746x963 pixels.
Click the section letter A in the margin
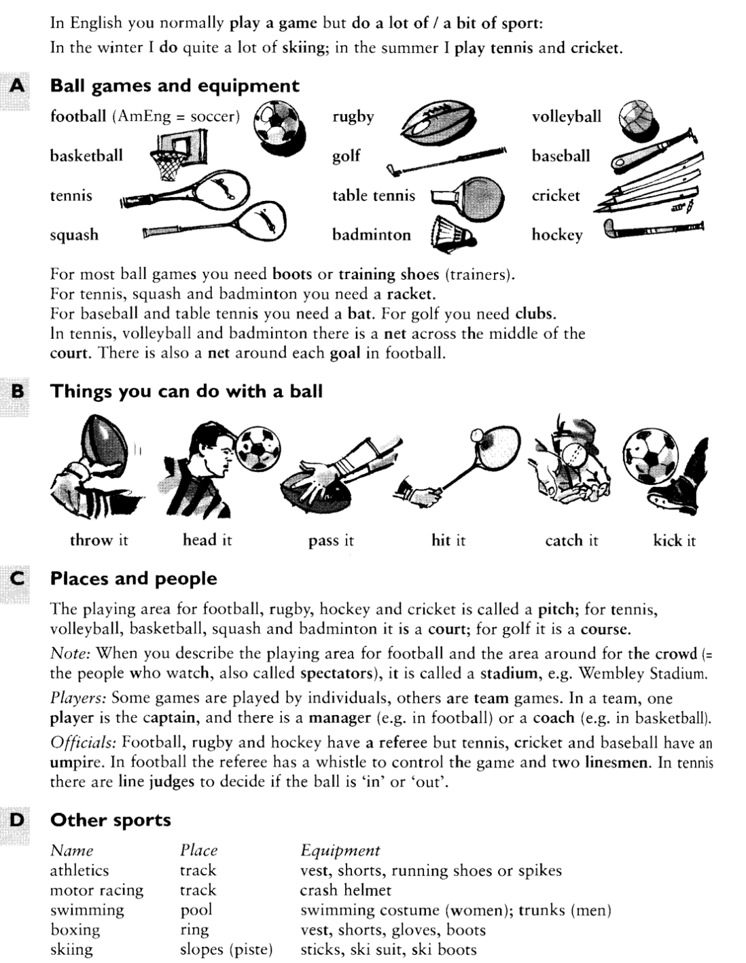pos(17,86)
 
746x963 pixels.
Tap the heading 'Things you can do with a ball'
pos(186,391)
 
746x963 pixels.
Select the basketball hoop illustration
pos(177,154)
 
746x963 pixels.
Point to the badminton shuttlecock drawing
pos(450,235)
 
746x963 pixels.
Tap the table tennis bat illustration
pos(469,197)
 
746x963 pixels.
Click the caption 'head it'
pos(207,540)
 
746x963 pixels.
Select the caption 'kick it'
pos(674,541)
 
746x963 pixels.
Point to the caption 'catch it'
pos(571,541)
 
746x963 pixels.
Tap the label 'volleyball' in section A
pos(566,117)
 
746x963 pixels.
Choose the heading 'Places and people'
pos(134,579)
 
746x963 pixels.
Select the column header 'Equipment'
pos(340,850)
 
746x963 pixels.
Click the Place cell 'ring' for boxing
pos(194,930)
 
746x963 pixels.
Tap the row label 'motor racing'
pos(96,890)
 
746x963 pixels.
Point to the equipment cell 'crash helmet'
pos(345,890)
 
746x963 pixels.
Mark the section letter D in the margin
pos(17,820)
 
